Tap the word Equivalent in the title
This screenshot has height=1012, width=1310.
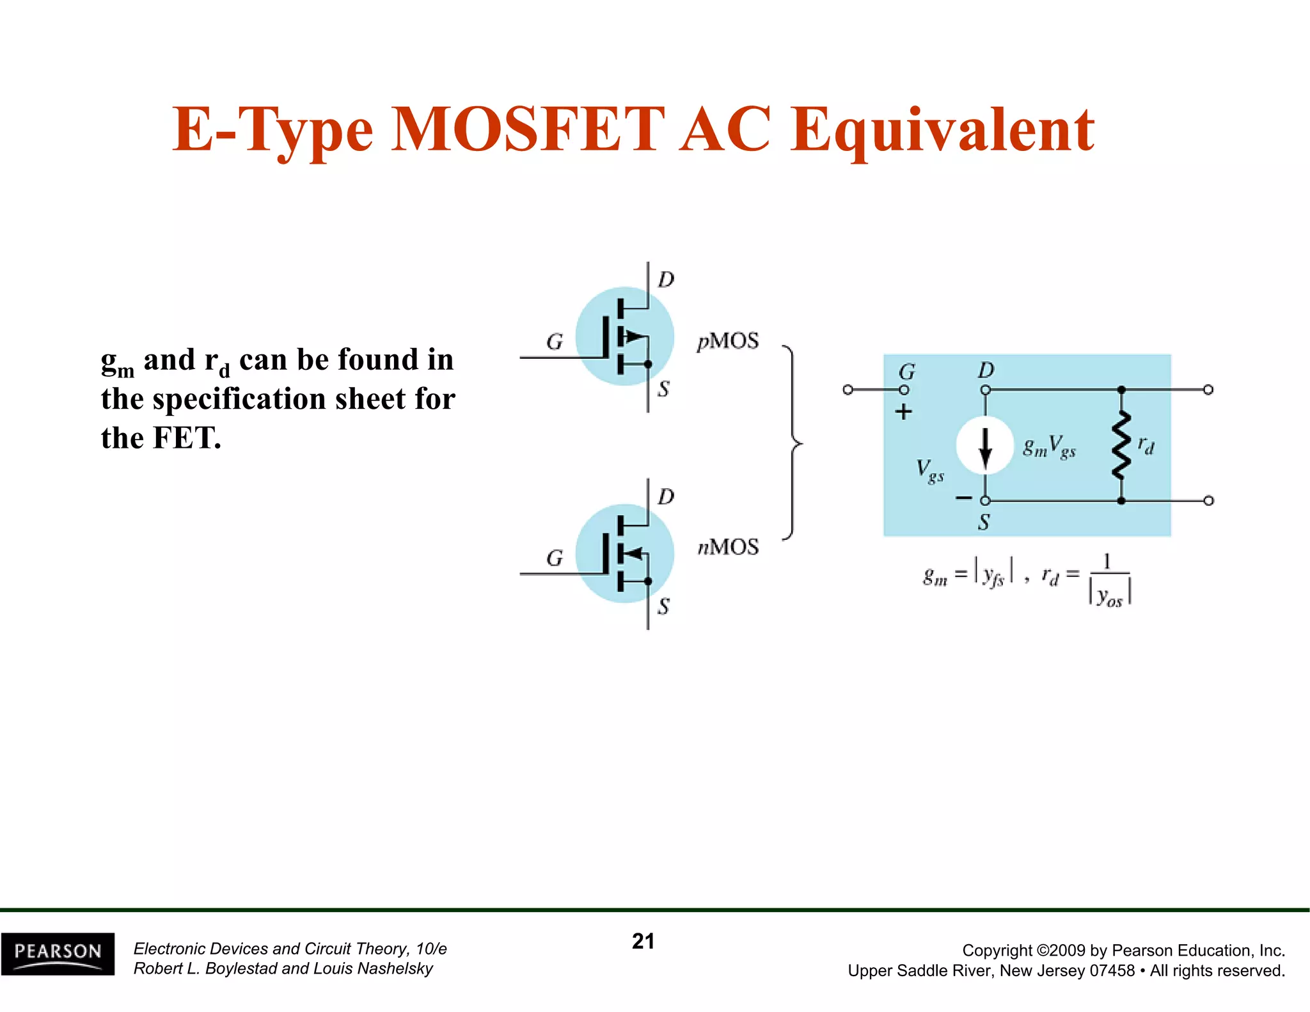click(x=942, y=130)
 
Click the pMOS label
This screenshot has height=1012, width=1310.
click(x=728, y=341)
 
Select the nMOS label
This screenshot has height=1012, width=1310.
click(x=728, y=548)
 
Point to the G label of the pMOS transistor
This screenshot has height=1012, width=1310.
click(x=555, y=342)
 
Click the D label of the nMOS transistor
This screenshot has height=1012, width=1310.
click(x=666, y=497)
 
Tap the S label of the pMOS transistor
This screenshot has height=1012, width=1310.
click(x=663, y=389)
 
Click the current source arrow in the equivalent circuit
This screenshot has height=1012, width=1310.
click(x=985, y=446)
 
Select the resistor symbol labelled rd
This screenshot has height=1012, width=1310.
click(x=1121, y=445)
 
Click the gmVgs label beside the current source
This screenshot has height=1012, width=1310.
click(x=1049, y=447)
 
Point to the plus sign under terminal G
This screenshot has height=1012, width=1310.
click(x=903, y=412)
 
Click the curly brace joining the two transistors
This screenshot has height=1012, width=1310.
click(x=793, y=443)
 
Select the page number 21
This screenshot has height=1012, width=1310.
click(x=643, y=941)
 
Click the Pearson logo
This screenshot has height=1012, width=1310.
click(x=58, y=953)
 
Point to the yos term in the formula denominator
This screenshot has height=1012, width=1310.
click(x=1109, y=597)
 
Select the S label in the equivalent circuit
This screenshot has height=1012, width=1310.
click(x=984, y=523)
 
